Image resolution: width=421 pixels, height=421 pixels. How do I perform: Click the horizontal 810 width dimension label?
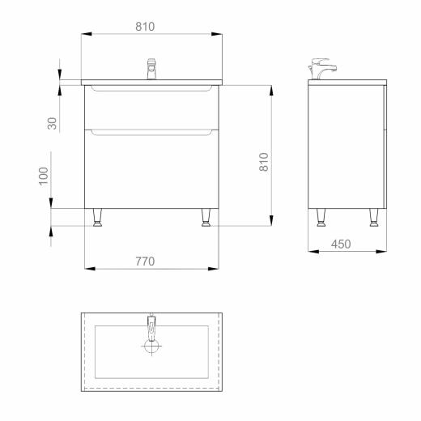[x=145, y=27]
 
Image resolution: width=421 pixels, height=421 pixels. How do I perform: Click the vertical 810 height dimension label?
[x=264, y=162]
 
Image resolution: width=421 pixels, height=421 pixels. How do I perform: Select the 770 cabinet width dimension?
[x=145, y=262]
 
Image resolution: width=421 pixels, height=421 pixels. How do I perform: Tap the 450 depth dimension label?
[x=341, y=244]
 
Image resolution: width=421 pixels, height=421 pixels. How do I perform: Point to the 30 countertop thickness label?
[x=52, y=123]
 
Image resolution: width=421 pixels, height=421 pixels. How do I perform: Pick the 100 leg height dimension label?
[x=44, y=176]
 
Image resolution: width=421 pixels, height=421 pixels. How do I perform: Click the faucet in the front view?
[x=151, y=69]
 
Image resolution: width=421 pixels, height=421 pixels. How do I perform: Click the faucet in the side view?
[x=322, y=69]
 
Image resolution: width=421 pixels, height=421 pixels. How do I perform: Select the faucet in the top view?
[x=151, y=327]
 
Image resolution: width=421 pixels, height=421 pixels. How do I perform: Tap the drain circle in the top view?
[x=151, y=346]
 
